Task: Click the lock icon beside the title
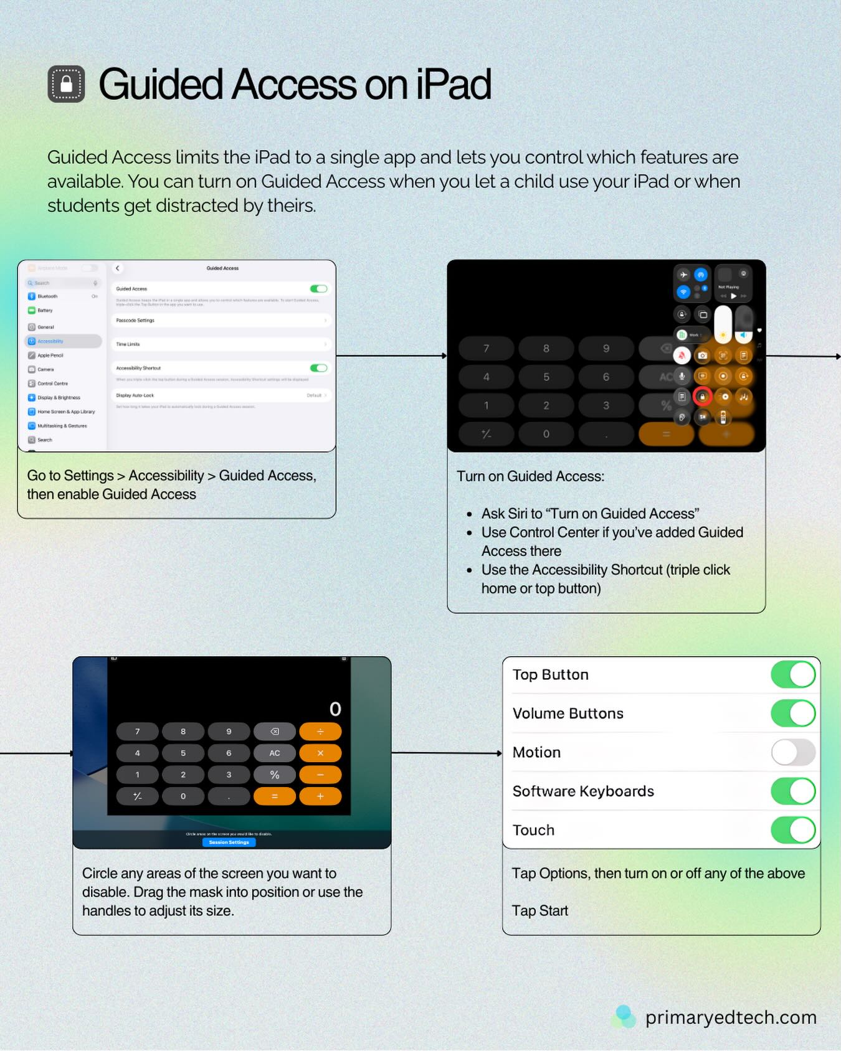66,84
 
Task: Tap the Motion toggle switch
792,752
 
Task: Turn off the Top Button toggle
792,674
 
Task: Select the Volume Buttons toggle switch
792,714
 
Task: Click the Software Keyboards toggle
792,791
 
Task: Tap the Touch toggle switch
792,830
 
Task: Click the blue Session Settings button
229,842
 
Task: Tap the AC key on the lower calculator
274,753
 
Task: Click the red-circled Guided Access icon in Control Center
702,397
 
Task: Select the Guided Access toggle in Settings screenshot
318,289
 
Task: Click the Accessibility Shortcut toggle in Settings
318,368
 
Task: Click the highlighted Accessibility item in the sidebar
63,341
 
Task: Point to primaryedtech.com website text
730,1017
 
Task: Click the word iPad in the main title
454,85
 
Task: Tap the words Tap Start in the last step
540,911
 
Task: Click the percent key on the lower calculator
274,775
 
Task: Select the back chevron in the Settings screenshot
117,268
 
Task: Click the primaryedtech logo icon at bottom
624,1016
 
